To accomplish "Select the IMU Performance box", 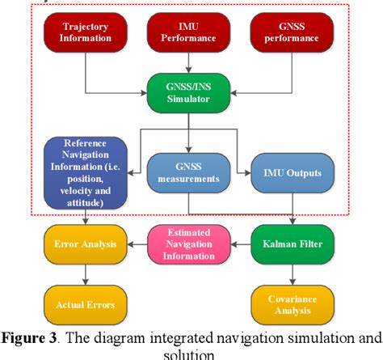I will pos(187,32).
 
